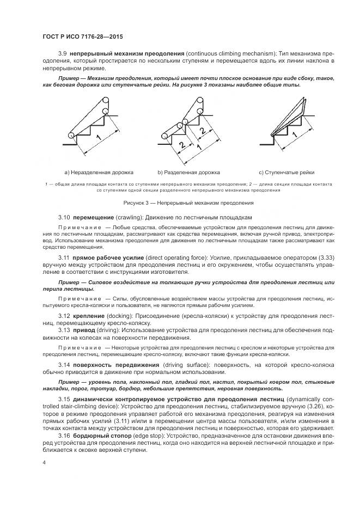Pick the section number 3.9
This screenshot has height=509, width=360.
pyautogui.click(x=63, y=54)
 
